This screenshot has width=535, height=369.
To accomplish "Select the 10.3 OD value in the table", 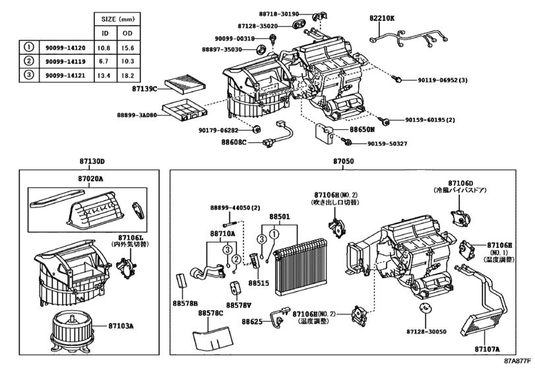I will (127, 60).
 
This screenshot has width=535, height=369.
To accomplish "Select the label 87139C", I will (144, 88).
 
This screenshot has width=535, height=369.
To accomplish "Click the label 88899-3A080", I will (137, 113).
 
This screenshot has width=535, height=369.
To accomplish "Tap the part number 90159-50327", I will (387, 143).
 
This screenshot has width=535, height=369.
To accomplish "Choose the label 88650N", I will (362, 130).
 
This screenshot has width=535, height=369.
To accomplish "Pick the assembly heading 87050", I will (343, 162).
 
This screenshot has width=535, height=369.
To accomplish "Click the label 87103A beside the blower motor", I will (121, 326).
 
